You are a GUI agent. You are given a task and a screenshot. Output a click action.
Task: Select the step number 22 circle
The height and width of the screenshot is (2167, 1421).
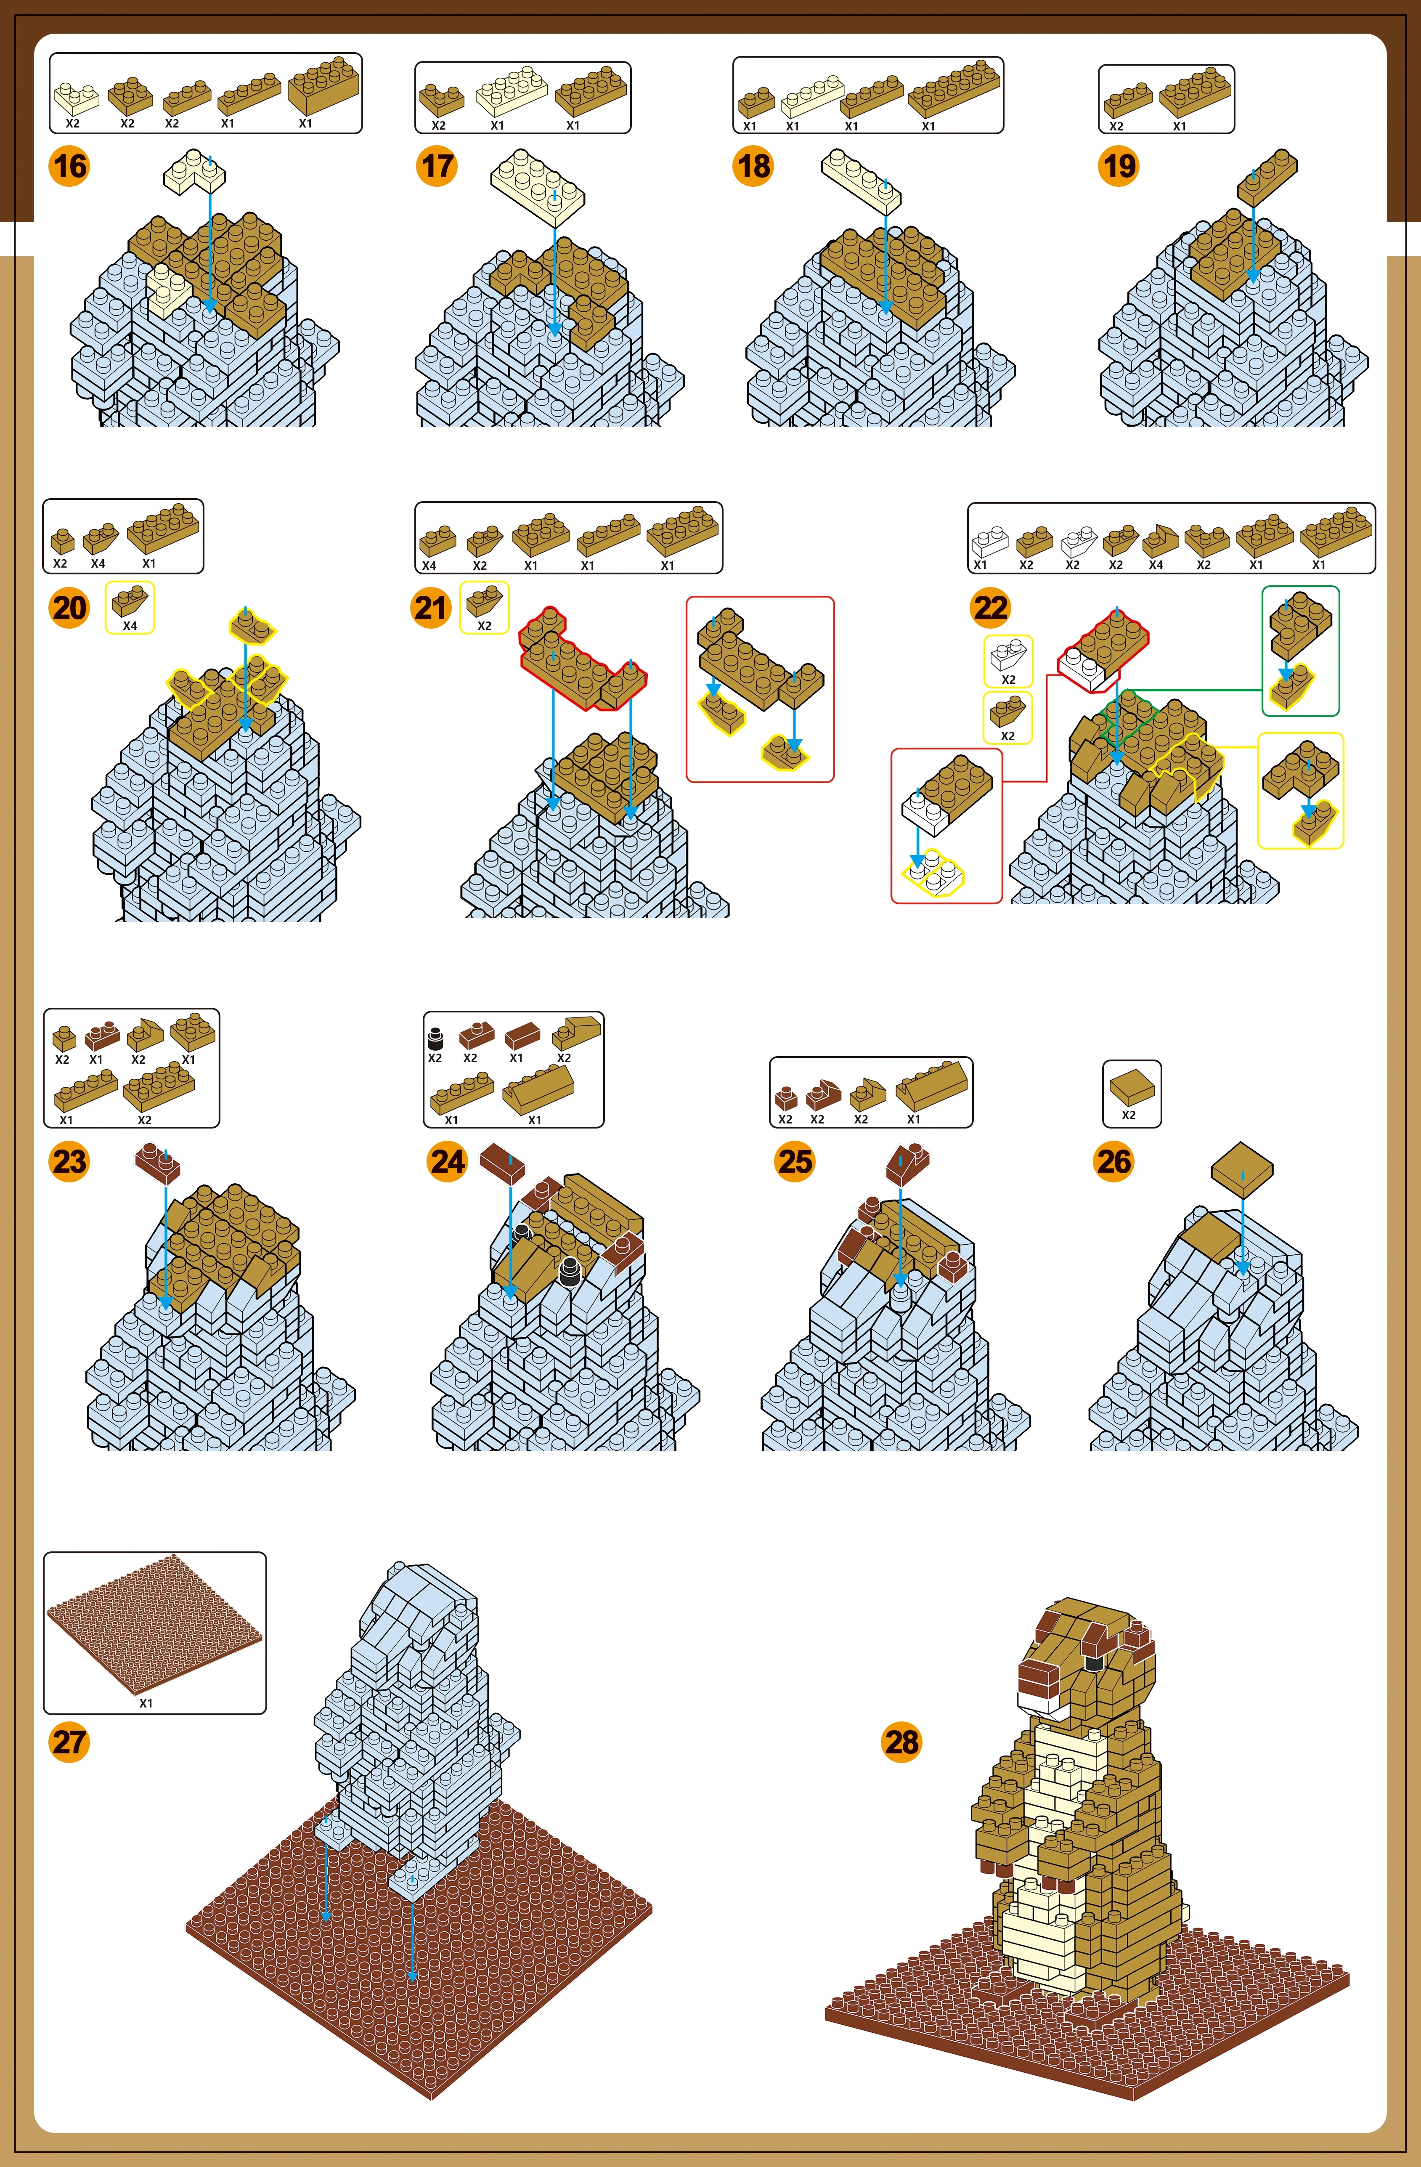(990, 608)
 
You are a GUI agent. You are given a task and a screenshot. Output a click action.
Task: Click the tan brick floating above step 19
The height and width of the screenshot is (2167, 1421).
(1267, 176)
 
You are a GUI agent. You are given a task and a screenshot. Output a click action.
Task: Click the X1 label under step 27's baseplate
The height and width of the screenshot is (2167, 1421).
(146, 1702)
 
